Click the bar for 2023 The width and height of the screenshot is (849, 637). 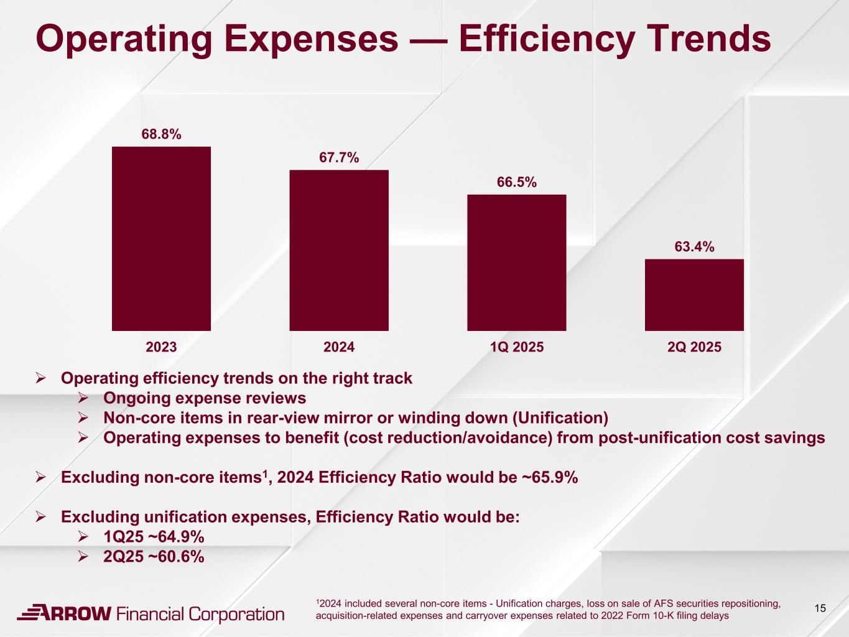click(161, 238)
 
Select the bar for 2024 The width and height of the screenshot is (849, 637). click(339, 250)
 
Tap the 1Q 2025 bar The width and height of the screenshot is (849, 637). click(516, 263)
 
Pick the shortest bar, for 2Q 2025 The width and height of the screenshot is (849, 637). click(694, 295)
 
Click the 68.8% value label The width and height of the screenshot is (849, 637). click(161, 134)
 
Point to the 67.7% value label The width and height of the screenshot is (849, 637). click(339, 157)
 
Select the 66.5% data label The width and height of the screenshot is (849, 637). click(516, 182)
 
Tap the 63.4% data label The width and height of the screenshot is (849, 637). click(694, 247)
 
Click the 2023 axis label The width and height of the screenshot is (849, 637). click(161, 347)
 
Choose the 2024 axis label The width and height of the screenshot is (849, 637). click(339, 347)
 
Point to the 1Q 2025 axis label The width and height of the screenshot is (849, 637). click(516, 347)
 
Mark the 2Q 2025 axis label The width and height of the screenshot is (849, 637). click(694, 347)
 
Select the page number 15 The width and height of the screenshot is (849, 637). click(820, 608)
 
